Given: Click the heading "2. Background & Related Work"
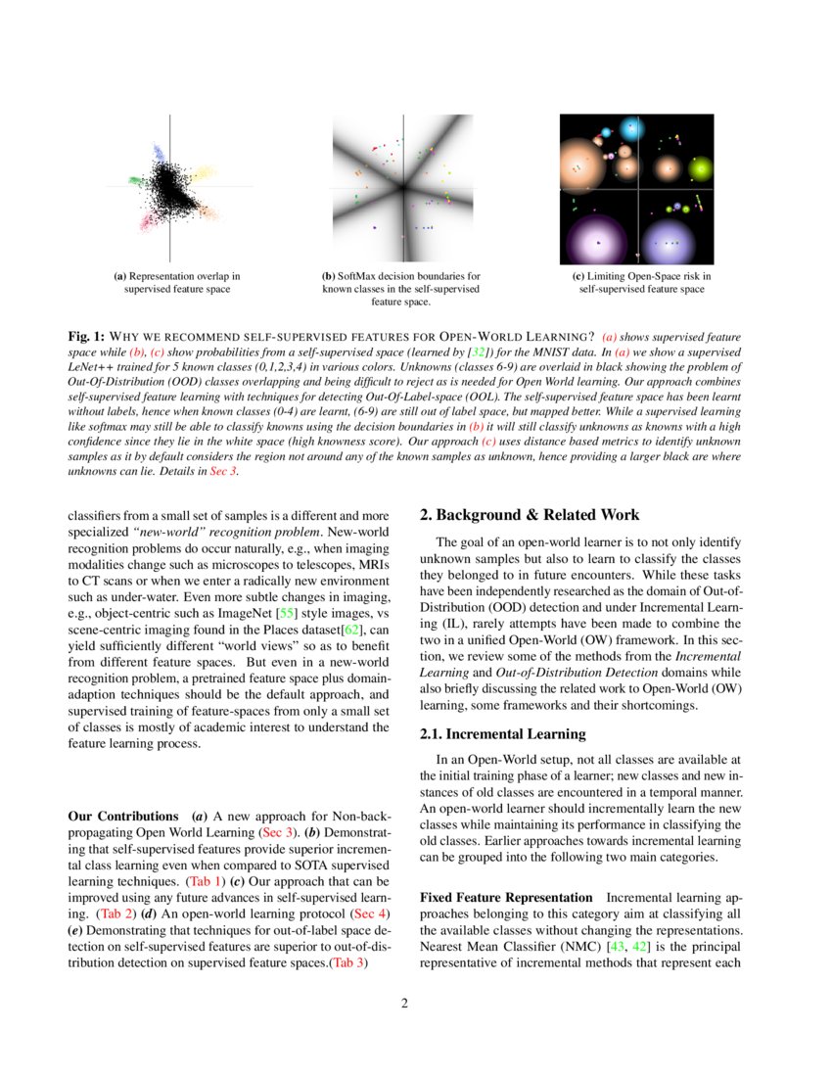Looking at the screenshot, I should [530, 515].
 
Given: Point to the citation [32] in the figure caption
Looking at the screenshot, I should [478, 351].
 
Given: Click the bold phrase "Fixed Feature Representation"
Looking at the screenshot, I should [505, 898].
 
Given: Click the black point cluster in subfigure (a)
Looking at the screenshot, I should [172, 187].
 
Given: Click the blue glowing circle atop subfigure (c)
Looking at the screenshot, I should [607, 131].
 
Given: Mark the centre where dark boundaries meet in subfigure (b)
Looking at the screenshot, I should [401, 187].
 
